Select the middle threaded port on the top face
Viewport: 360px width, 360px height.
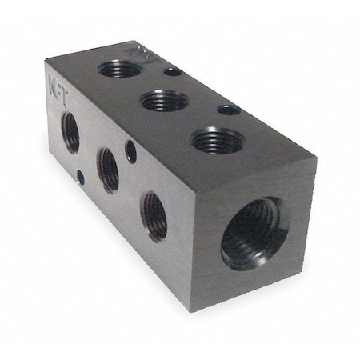pos(164,101)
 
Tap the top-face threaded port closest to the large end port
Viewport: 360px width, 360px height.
pos(218,140)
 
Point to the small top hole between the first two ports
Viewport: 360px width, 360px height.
pos(172,72)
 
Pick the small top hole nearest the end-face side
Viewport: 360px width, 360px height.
pos(229,109)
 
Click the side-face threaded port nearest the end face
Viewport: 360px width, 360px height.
pos(154,216)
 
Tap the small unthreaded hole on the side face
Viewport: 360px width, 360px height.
pos(130,147)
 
